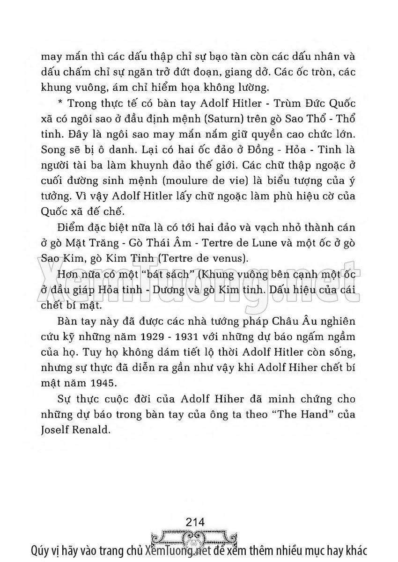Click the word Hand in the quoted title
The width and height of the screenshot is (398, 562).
pos(308,415)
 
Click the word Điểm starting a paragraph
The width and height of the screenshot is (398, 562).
pos(69,228)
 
